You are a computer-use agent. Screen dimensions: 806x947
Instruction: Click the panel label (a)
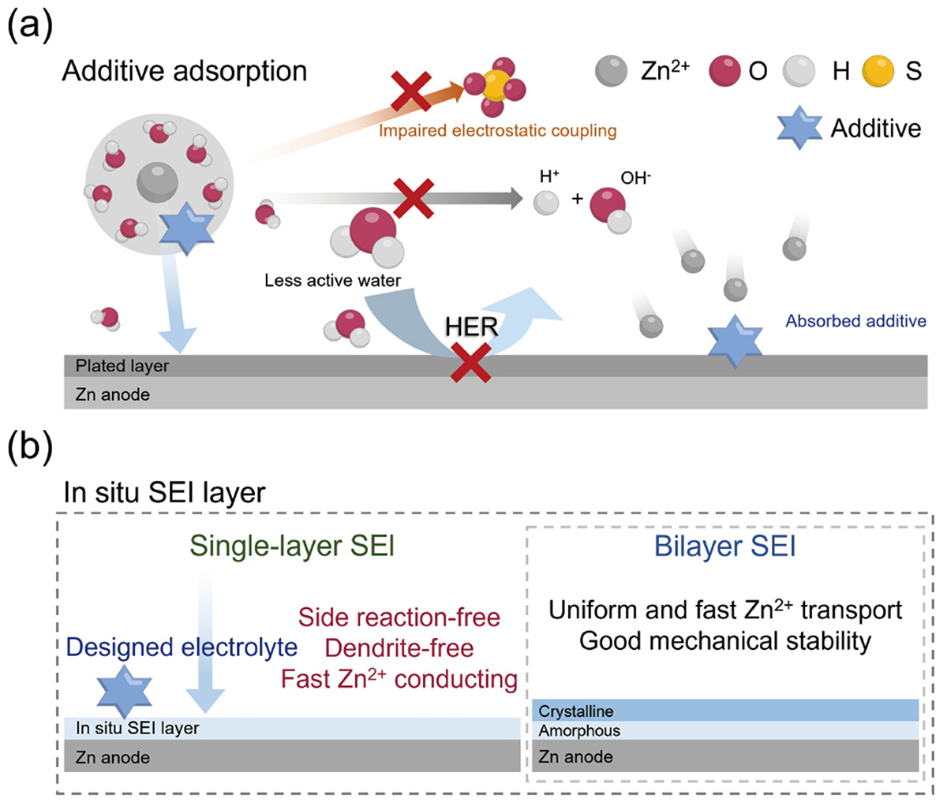tap(30, 26)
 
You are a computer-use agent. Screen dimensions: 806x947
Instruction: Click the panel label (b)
tap(30, 447)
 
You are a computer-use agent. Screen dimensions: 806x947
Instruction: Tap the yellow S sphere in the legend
tap(878, 72)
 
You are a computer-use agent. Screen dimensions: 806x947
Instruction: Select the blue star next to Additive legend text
tap(799, 128)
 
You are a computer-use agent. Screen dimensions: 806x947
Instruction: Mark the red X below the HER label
tap(471, 363)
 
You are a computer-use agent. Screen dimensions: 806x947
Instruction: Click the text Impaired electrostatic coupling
tap(497, 130)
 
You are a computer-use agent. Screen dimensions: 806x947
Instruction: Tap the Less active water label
tap(332, 280)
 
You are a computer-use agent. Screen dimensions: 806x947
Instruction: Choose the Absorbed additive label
tap(855, 321)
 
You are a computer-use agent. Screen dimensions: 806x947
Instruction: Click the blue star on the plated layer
tap(735, 341)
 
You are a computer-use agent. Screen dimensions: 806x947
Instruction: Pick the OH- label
tap(635, 178)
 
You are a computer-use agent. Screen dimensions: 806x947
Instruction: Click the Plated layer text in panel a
tap(122, 366)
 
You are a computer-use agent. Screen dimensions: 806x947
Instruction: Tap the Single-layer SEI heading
tap(292, 546)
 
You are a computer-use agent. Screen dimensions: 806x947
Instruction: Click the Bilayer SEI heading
tap(724, 546)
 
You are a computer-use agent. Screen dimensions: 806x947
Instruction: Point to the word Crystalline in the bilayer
tap(576, 711)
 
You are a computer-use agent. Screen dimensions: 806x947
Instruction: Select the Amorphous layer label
tap(579, 731)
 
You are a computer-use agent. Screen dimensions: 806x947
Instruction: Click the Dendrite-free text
tap(399, 648)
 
